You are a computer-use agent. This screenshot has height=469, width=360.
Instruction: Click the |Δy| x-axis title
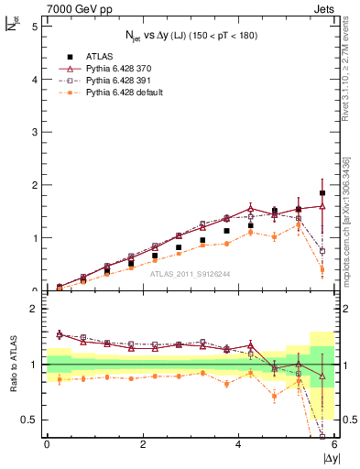(x=331, y=457)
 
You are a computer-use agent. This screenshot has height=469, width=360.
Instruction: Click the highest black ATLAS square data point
(x=322, y=193)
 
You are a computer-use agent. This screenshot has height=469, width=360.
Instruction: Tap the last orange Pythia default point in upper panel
(x=322, y=269)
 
